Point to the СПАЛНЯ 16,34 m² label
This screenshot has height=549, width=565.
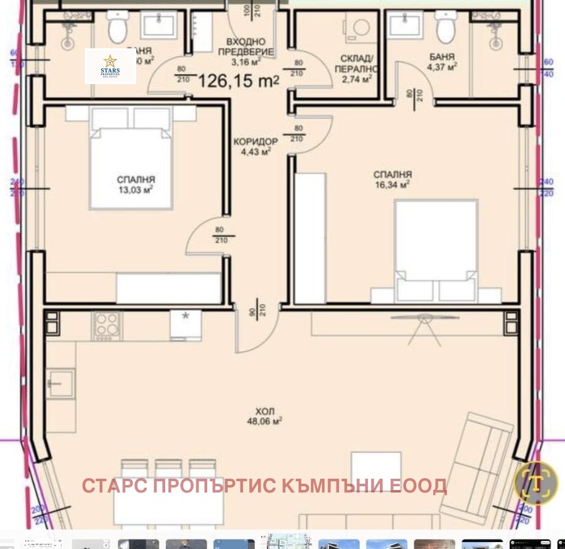(392, 179)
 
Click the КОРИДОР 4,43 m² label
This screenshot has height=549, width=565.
(252, 146)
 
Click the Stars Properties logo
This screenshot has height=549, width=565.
(110, 67)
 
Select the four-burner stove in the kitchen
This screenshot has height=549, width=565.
(108, 326)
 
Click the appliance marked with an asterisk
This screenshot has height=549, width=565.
(185, 325)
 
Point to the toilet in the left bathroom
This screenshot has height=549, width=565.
(117, 27)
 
